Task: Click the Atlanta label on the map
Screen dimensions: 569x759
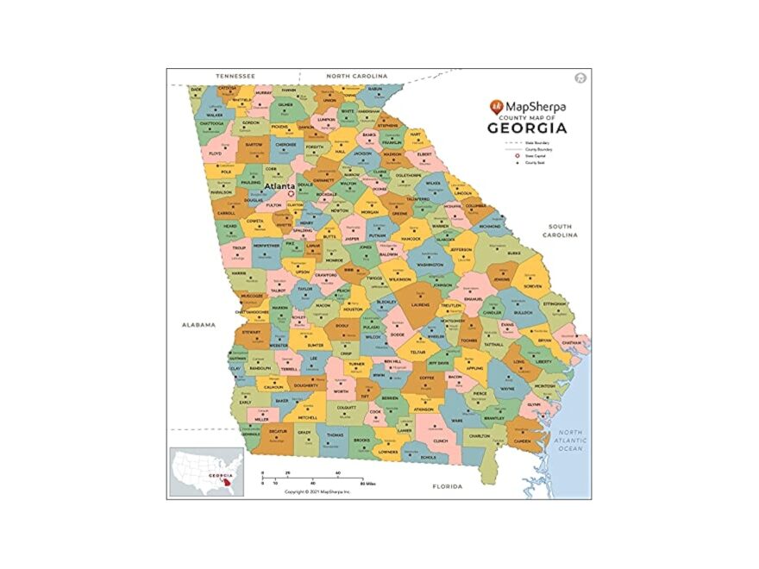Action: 279,185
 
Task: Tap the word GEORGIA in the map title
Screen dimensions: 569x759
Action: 527,128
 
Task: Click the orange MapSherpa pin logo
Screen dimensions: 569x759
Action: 495,107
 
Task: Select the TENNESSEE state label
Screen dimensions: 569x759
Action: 235,76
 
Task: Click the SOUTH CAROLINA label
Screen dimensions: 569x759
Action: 561,230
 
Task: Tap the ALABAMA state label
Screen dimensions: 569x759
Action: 198,325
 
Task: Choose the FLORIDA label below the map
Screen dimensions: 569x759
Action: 447,486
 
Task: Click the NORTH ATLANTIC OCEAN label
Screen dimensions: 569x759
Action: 570,440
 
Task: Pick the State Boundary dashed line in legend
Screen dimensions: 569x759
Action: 515,142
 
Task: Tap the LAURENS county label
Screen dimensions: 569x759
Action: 420,304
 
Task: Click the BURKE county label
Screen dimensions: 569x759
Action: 514,253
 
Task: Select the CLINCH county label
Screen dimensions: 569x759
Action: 440,440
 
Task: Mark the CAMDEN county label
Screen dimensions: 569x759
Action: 523,441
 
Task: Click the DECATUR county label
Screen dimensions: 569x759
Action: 277,429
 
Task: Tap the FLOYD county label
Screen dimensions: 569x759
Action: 216,153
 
